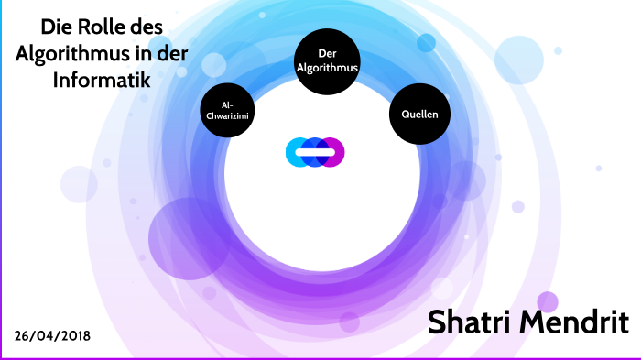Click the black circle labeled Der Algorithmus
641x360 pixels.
tap(326, 61)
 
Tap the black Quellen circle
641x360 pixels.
tap(420, 115)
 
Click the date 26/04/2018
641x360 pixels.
tap(52, 336)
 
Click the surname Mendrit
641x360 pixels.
tap(576, 322)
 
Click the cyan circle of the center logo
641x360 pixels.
tap(298, 152)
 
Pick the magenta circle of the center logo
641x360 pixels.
tap(332, 152)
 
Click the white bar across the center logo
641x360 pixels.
tap(315, 152)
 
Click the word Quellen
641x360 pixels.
tap(420, 115)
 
